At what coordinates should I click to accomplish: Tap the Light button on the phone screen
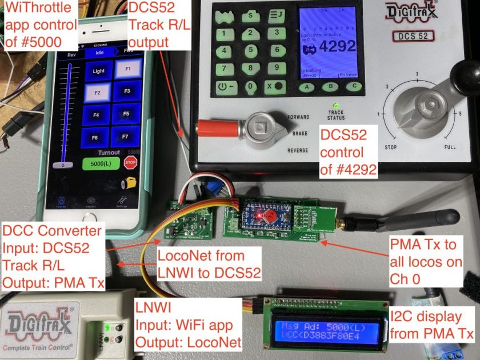coord(99,71)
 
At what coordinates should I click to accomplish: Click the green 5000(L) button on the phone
coord(102,163)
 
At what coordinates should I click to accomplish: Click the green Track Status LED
coord(336,106)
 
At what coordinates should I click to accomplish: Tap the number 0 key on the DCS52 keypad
coord(250,87)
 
